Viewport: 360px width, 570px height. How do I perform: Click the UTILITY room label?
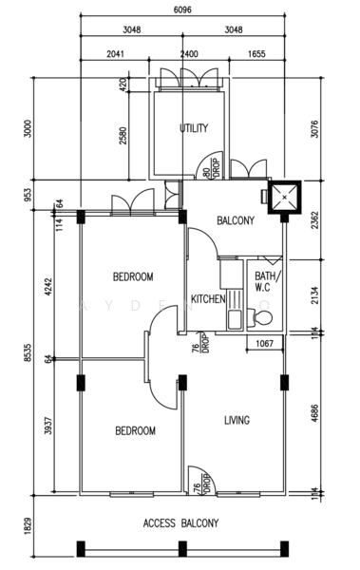click(x=194, y=128)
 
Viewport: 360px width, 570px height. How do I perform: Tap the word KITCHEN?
click(x=208, y=299)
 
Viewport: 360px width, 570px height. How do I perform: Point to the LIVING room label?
click(x=237, y=420)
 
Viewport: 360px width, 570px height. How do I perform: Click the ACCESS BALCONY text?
click(x=180, y=523)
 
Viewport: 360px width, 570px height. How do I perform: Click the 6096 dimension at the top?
click(x=182, y=9)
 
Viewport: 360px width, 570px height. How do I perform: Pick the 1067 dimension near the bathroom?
click(x=264, y=344)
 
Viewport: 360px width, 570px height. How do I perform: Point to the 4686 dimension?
click(x=314, y=413)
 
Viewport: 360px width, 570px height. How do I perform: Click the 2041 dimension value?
click(x=115, y=54)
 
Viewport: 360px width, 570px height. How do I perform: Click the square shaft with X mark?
click(x=284, y=197)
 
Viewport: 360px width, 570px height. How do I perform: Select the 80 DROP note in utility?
click(x=212, y=168)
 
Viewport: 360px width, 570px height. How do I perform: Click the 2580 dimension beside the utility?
click(x=123, y=136)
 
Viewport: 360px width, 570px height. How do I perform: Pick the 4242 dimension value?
click(x=48, y=287)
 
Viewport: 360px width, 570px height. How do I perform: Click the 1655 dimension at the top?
click(x=256, y=54)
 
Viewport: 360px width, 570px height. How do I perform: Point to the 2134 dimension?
click(x=314, y=295)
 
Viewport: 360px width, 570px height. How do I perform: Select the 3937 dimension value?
click(x=48, y=426)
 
